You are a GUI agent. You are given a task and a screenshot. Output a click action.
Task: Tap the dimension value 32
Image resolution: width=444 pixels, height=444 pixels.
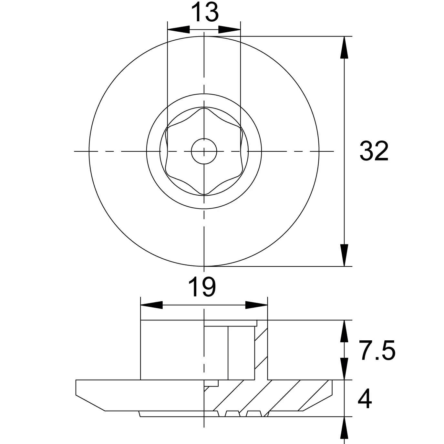374,151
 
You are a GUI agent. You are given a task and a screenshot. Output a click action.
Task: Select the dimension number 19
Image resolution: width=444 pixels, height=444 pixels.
202,287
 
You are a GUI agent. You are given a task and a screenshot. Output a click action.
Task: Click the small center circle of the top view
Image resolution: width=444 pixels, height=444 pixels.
204,151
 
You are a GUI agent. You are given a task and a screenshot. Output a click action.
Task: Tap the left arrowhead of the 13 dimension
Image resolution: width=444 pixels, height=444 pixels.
179,29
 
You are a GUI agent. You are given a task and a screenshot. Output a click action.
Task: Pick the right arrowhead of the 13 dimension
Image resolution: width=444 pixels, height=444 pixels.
230,29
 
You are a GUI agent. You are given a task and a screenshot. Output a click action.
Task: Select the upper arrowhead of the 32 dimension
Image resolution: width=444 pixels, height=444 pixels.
344,47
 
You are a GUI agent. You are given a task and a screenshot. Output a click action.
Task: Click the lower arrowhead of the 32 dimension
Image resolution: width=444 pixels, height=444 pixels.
344,255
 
